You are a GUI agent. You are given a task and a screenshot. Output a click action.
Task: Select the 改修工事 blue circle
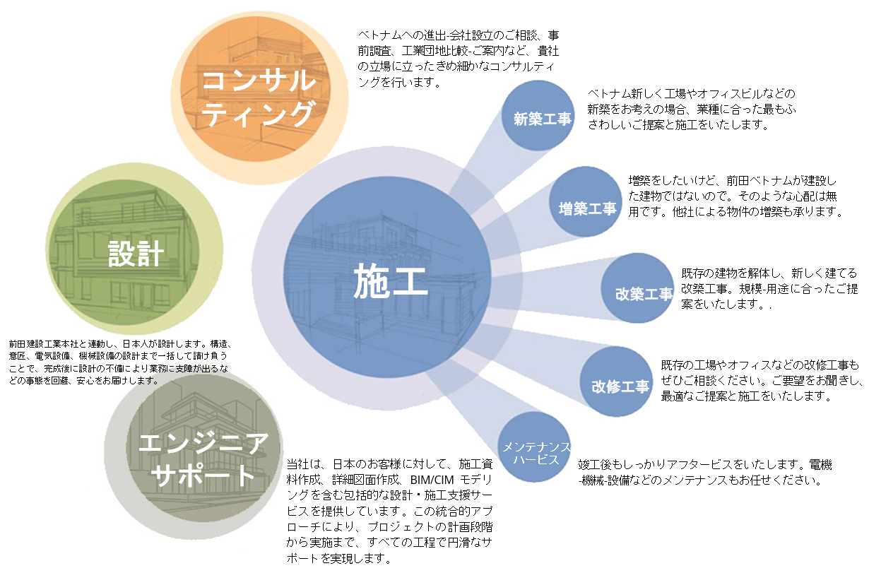point(620,386)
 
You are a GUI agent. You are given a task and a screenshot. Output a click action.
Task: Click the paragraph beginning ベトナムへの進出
point(460,58)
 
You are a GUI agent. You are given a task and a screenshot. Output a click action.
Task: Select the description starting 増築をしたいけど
point(735,196)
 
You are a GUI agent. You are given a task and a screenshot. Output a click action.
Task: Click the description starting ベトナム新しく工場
point(692,109)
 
